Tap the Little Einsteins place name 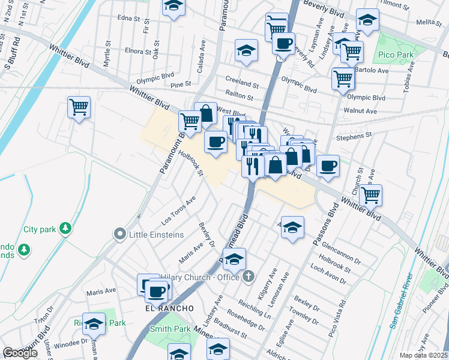pos(157,234)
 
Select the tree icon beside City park pos(66,229)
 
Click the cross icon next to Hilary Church pos(250,277)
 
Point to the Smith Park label pos(170,329)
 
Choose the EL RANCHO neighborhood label pos(169,308)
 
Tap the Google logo pos(20,353)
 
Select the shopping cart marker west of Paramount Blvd pos(79,107)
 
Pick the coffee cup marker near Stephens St pos(328,166)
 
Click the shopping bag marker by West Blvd pos(205,113)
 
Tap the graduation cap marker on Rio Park pos(94,325)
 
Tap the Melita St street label pos(429,22)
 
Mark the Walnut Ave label pos(360,111)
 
